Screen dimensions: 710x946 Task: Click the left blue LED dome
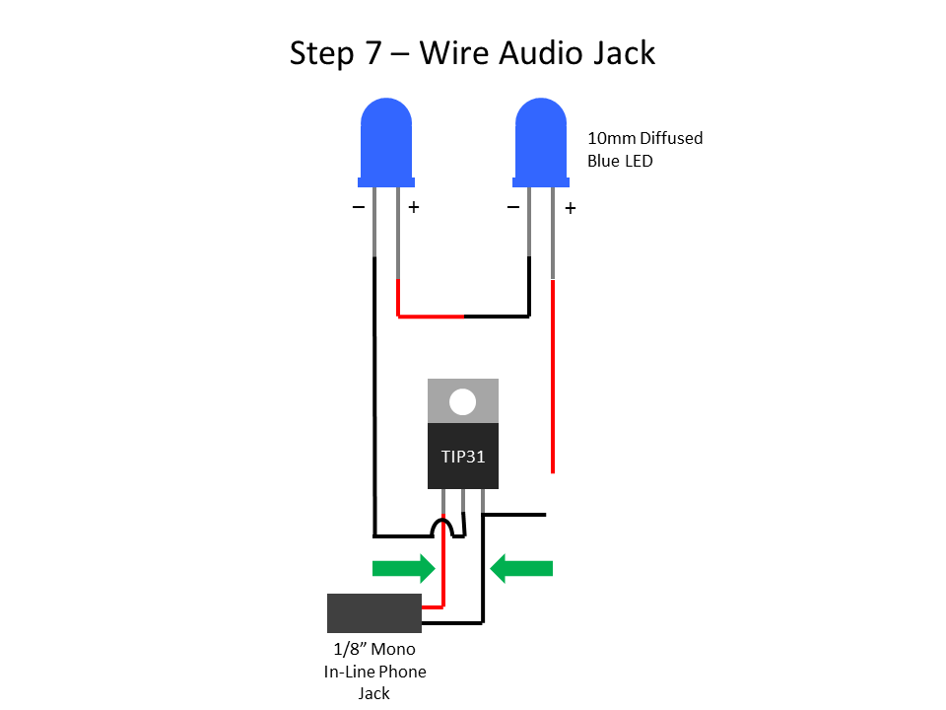[x=386, y=138]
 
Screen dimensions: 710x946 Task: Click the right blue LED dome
[x=541, y=138]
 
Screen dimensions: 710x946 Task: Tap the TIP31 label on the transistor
[x=462, y=458]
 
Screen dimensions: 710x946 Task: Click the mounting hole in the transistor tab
[x=462, y=401]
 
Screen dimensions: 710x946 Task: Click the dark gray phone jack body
[x=374, y=612]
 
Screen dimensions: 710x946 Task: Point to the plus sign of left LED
[x=414, y=208]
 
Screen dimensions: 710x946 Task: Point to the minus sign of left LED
[x=358, y=208]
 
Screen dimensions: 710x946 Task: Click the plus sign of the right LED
[x=570, y=209]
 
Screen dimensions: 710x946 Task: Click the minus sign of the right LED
[x=512, y=208]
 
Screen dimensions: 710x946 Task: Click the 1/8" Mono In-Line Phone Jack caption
[x=374, y=671]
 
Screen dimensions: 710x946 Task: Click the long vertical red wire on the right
[x=553, y=375]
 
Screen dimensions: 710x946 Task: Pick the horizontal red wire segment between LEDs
[x=431, y=317]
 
